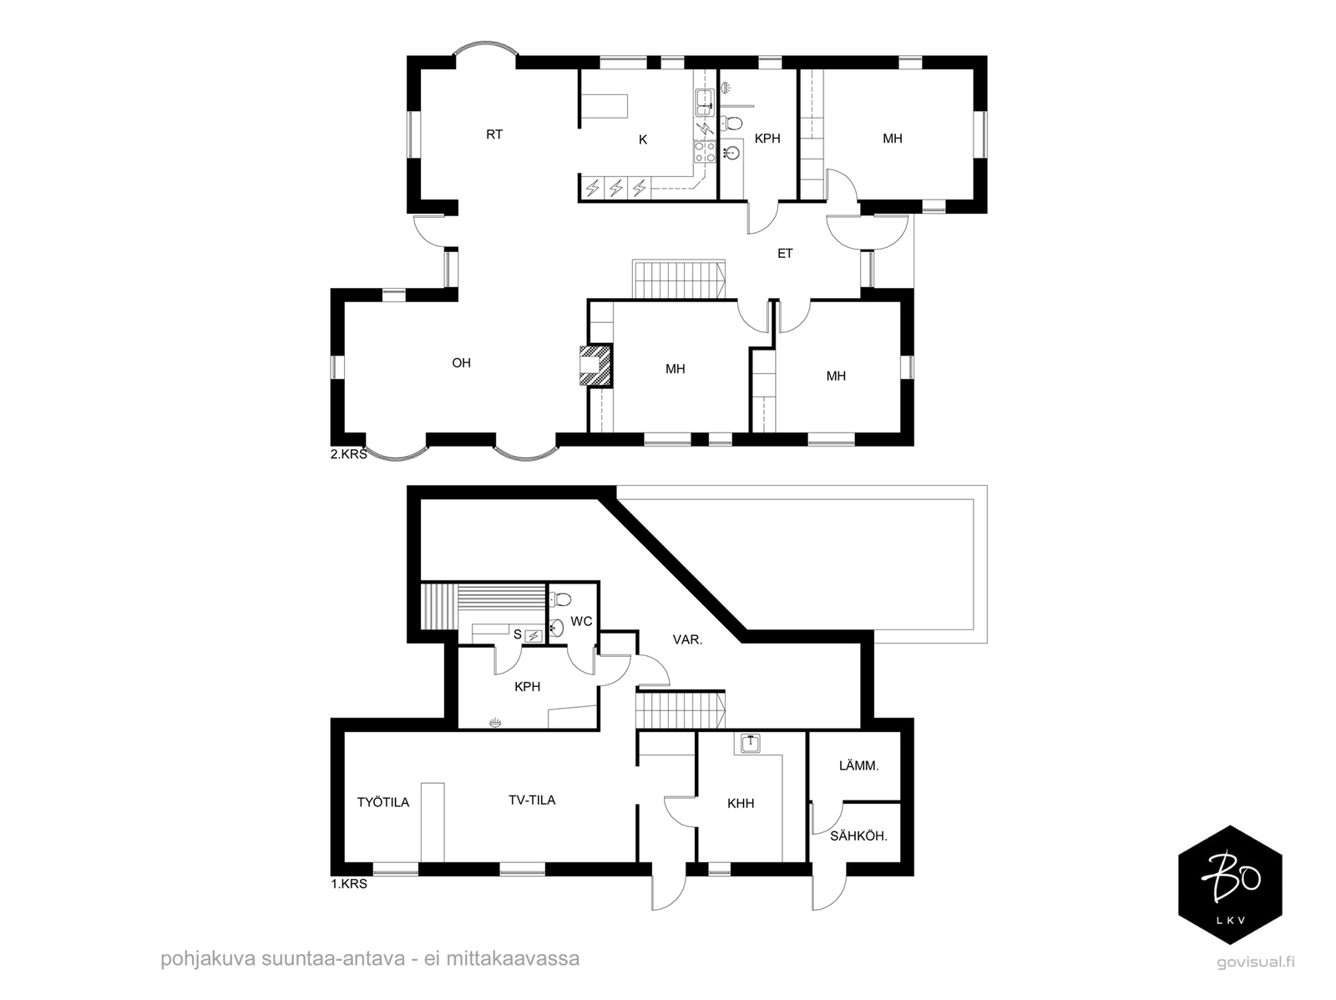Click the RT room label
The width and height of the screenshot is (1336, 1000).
[x=494, y=134]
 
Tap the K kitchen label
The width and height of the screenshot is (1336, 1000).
[x=643, y=140]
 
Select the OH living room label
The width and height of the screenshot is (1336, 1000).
[x=462, y=363]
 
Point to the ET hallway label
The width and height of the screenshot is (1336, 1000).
[x=785, y=254]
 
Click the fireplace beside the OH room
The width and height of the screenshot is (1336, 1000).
[x=595, y=366]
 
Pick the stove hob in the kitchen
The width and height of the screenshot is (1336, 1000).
[x=705, y=151]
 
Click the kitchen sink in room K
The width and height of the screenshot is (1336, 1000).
[x=705, y=102]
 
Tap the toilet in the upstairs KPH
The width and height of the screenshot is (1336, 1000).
[x=731, y=124]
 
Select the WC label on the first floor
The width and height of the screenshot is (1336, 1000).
[x=581, y=622]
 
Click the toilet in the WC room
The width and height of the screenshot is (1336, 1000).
[x=560, y=600]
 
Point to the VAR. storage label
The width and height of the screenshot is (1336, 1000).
[x=688, y=640]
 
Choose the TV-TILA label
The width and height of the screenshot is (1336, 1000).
[x=532, y=800]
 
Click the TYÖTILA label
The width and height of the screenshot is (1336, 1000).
[x=382, y=802]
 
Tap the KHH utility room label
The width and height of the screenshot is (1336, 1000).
[x=741, y=804]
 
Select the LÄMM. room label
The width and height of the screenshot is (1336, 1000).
[x=859, y=765]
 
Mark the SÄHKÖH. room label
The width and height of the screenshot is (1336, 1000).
[x=859, y=836]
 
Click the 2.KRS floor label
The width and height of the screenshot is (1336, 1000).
[x=349, y=454]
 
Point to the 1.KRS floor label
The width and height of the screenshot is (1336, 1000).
[x=349, y=884]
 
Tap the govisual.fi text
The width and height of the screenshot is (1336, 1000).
[x=1255, y=962]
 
